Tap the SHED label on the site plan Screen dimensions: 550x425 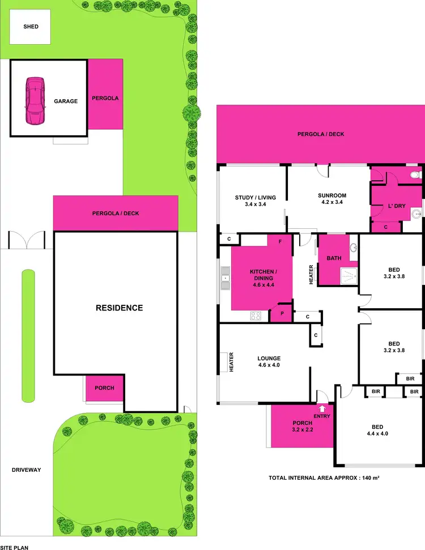31,27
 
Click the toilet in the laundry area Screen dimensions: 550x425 416,176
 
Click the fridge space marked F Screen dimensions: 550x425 279,241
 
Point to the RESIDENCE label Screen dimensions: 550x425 119,308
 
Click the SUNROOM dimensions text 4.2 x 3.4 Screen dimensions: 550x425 331,202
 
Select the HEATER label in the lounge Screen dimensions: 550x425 231,363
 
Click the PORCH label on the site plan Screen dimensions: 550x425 104,388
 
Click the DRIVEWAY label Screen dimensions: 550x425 25,470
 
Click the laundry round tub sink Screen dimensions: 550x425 416,214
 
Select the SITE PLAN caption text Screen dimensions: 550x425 14,547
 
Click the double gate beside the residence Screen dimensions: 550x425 27,240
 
